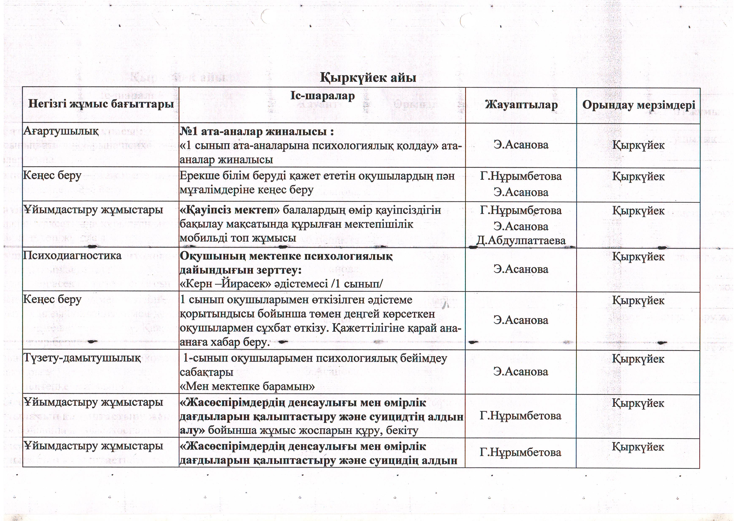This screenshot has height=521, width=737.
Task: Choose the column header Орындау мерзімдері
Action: tap(639, 105)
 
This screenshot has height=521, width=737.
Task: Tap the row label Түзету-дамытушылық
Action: tap(82, 358)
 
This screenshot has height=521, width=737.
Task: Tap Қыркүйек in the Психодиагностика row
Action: tap(638, 257)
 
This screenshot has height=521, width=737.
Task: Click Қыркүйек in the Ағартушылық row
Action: tap(638, 145)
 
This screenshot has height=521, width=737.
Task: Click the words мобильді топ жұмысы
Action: tap(238, 238)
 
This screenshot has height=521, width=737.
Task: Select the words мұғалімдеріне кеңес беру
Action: tap(246, 190)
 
